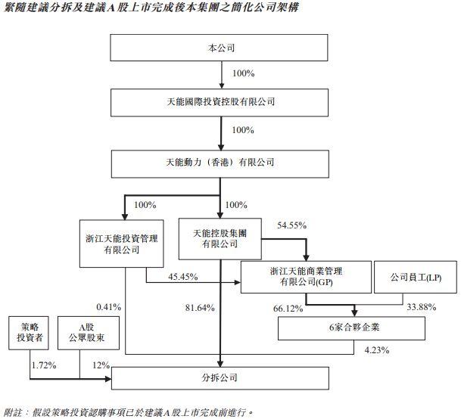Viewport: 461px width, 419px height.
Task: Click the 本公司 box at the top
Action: (x=219, y=48)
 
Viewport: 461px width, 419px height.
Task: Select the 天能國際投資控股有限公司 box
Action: (x=220, y=103)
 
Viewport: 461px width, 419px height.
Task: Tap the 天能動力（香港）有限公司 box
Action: (x=220, y=164)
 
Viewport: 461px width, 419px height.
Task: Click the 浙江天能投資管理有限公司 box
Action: (x=121, y=244)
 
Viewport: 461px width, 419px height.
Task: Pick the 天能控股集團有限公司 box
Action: (x=220, y=239)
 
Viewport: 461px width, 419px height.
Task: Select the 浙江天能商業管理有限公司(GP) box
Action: (x=306, y=277)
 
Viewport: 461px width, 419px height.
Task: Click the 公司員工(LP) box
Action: (x=416, y=277)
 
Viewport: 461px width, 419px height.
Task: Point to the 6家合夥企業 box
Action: (x=351, y=328)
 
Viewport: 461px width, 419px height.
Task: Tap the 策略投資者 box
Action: (x=29, y=333)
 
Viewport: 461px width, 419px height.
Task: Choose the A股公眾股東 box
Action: (x=89, y=333)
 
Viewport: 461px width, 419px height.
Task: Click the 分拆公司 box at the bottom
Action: (x=220, y=378)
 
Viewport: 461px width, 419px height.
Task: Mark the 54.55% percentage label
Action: (x=292, y=225)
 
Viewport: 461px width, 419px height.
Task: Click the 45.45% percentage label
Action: (x=183, y=277)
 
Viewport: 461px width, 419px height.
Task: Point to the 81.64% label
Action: (x=200, y=308)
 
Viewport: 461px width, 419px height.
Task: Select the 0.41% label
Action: (x=109, y=307)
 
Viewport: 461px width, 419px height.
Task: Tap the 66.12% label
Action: (x=288, y=309)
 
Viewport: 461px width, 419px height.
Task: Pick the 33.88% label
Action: (x=422, y=307)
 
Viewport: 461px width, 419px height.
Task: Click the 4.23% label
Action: (x=377, y=350)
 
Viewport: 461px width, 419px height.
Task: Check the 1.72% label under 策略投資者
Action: (x=44, y=365)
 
